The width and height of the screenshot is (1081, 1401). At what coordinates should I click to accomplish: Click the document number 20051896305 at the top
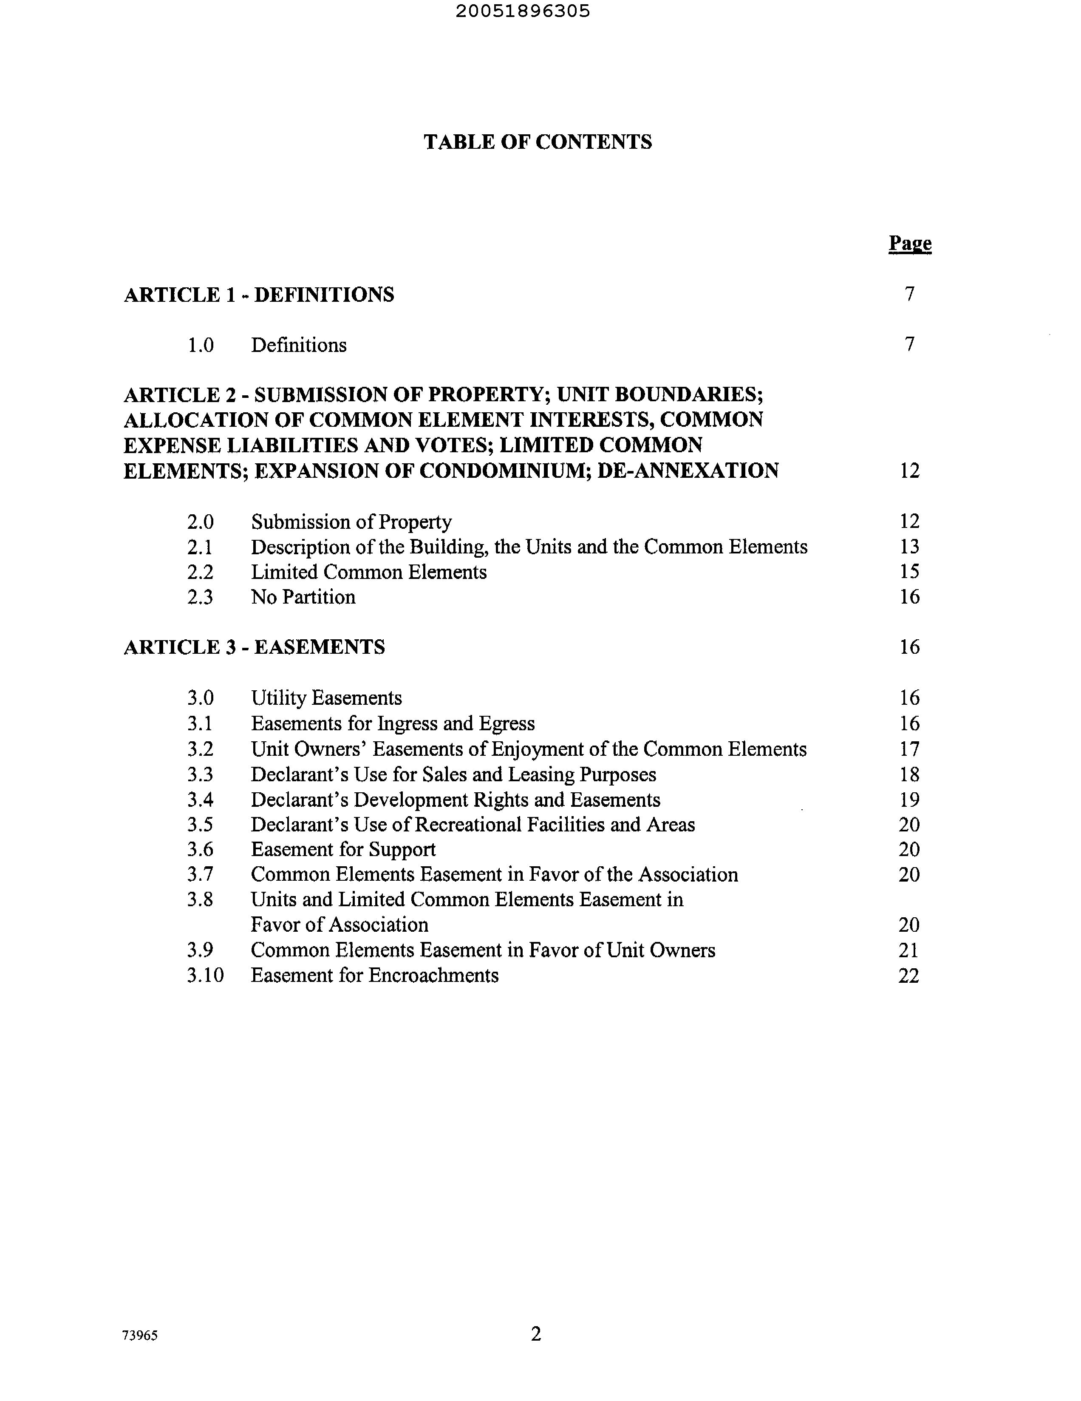tap(523, 11)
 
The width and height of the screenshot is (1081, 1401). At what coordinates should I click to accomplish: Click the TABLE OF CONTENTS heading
tap(537, 142)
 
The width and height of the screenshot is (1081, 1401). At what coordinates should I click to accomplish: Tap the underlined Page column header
tap(909, 243)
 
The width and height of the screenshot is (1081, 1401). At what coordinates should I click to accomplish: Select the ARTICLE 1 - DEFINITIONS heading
tap(259, 295)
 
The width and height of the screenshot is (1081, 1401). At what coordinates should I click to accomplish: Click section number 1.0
tap(200, 345)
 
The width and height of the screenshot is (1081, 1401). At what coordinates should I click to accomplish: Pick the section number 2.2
tap(200, 572)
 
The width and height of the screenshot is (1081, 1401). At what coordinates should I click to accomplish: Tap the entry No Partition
tap(303, 597)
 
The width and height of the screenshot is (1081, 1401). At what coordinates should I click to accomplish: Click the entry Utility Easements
tap(326, 698)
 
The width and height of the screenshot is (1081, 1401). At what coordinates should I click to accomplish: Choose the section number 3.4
tap(200, 800)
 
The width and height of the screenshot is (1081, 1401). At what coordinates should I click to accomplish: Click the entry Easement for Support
tap(343, 850)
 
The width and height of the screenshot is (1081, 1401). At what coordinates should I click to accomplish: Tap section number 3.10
tap(205, 976)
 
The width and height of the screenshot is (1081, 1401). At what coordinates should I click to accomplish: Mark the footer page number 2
tap(536, 1334)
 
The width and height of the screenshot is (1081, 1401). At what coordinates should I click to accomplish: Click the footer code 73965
tap(140, 1336)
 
